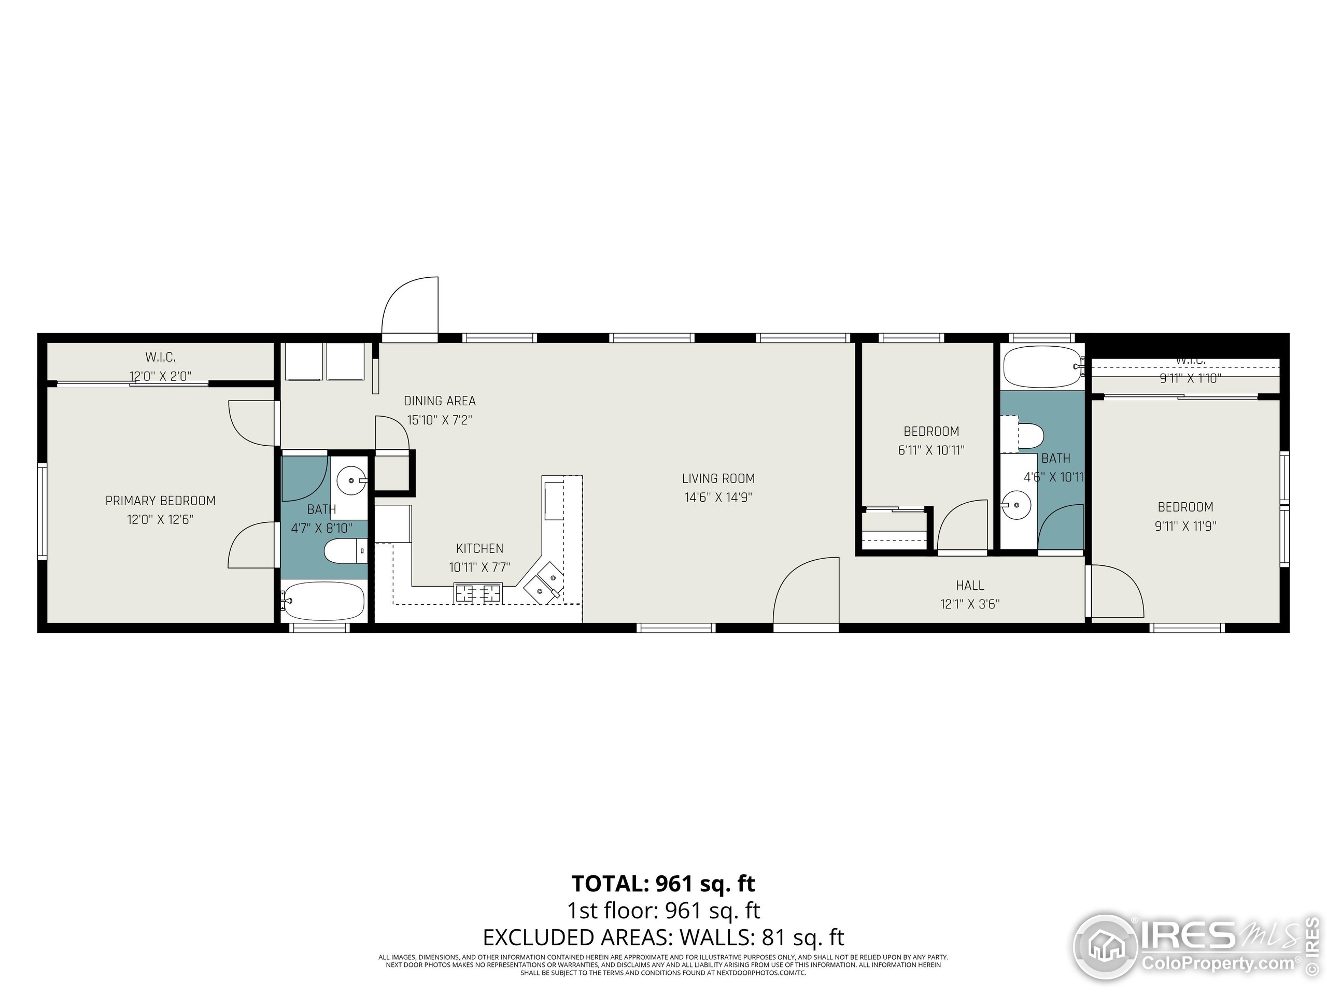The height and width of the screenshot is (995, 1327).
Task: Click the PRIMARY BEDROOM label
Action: (x=160, y=500)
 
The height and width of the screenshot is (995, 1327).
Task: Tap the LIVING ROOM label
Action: (x=718, y=478)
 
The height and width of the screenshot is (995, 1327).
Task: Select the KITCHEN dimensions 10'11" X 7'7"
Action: (x=479, y=567)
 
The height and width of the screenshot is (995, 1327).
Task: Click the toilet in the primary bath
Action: (x=344, y=550)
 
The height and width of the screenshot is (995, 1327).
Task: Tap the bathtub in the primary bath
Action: (x=323, y=601)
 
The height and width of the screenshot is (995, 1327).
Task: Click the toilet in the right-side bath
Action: (x=1029, y=436)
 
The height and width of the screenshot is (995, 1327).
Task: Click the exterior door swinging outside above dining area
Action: (x=411, y=306)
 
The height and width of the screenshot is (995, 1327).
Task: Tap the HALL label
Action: (x=970, y=585)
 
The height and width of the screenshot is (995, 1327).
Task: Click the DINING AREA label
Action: (x=439, y=401)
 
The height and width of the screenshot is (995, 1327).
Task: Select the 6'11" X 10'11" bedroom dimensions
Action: (x=931, y=450)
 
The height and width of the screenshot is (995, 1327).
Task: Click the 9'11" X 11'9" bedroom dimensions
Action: (x=1185, y=526)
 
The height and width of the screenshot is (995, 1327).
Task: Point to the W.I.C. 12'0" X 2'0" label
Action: (x=160, y=366)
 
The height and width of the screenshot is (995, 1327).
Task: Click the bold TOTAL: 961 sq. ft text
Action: (x=663, y=884)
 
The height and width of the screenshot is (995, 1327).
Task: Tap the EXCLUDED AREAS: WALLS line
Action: (x=663, y=936)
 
